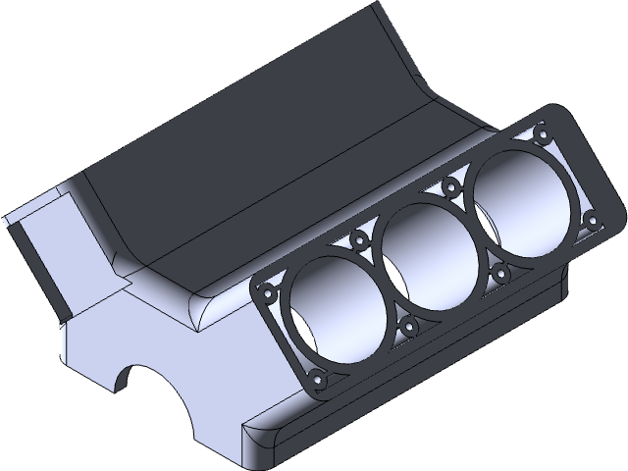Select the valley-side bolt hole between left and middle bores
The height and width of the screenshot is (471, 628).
360,237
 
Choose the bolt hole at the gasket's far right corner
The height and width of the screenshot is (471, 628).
591,215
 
